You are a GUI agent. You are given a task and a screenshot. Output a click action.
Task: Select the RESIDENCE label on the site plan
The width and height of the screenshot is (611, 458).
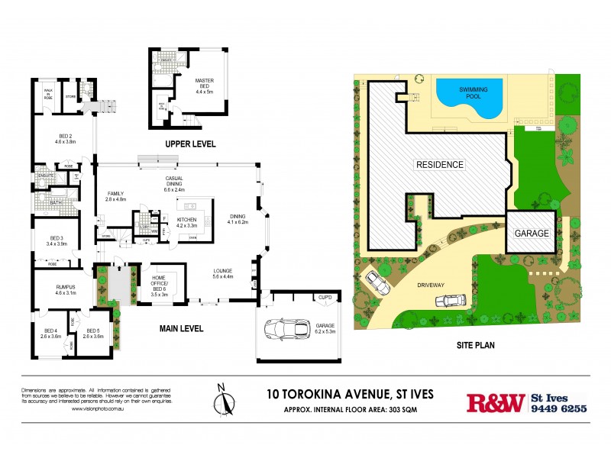click(x=439, y=164)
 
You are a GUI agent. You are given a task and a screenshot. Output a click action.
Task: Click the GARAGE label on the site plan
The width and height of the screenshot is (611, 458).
click(x=532, y=234)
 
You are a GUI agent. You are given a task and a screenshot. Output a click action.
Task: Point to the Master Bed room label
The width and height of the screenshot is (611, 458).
click(x=204, y=85)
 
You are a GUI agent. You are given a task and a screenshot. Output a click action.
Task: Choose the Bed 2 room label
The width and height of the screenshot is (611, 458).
click(x=65, y=139)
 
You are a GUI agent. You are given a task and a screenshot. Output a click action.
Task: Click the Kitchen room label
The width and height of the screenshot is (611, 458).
click(x=186, y=224)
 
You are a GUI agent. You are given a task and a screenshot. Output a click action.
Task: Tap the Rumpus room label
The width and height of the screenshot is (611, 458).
click(x=66, y=290)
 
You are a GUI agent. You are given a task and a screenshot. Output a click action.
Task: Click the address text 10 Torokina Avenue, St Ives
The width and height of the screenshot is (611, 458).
click(x=350, y=394)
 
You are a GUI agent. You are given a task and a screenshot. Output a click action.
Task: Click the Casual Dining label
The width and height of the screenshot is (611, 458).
click(x=174, y=182)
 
